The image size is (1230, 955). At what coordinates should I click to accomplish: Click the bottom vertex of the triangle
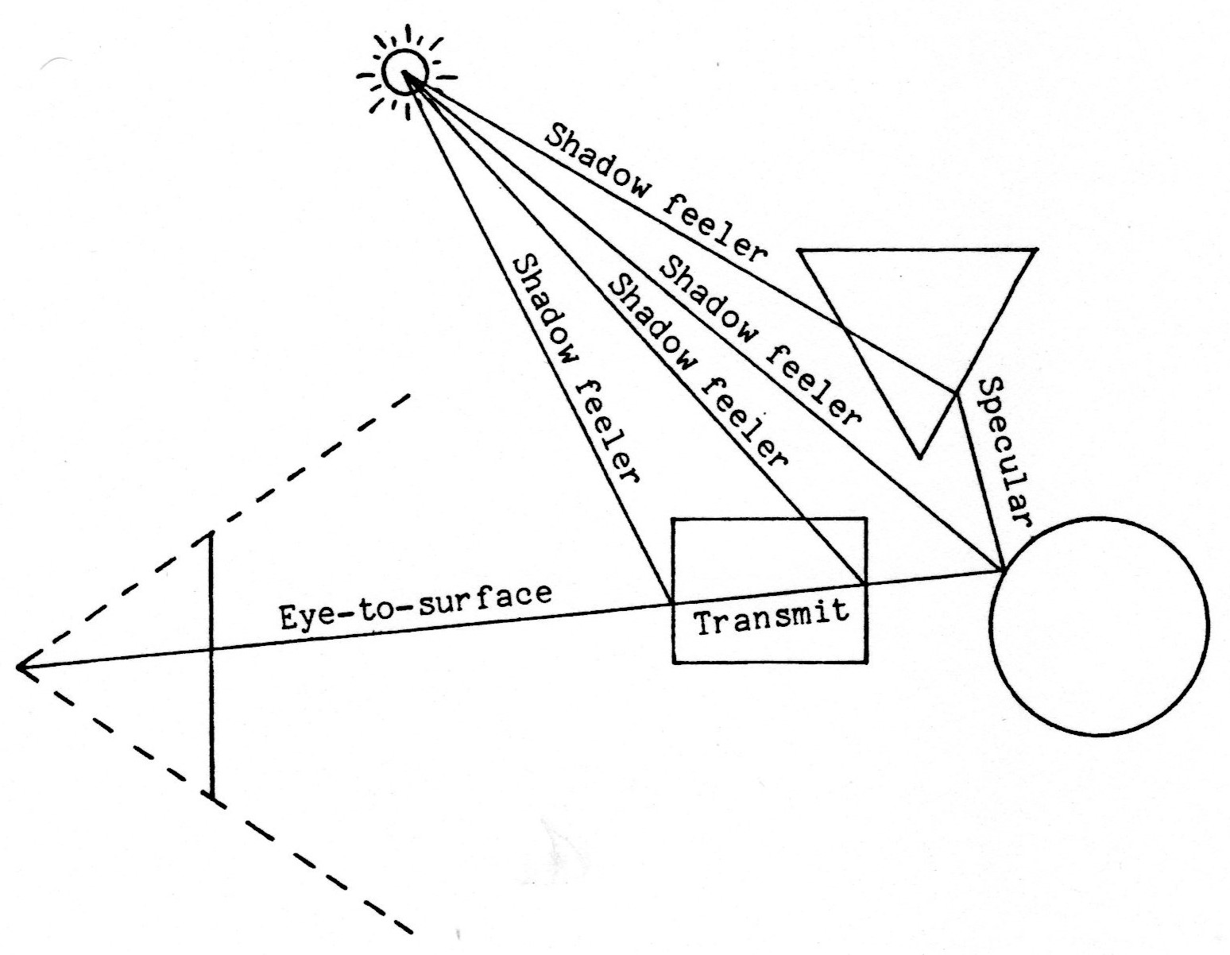click(919, 458)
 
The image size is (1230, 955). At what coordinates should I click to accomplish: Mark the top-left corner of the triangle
click(799, 251)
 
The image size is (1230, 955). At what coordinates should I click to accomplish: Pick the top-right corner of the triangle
click(1035, 250)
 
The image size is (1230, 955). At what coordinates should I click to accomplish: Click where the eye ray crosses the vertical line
click(211, 648)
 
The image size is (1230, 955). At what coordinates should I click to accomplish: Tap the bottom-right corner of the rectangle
click(865, 661)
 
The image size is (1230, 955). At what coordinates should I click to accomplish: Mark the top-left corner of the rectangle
click(674, 520)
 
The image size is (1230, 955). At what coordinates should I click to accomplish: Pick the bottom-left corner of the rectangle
click(674, 661)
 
